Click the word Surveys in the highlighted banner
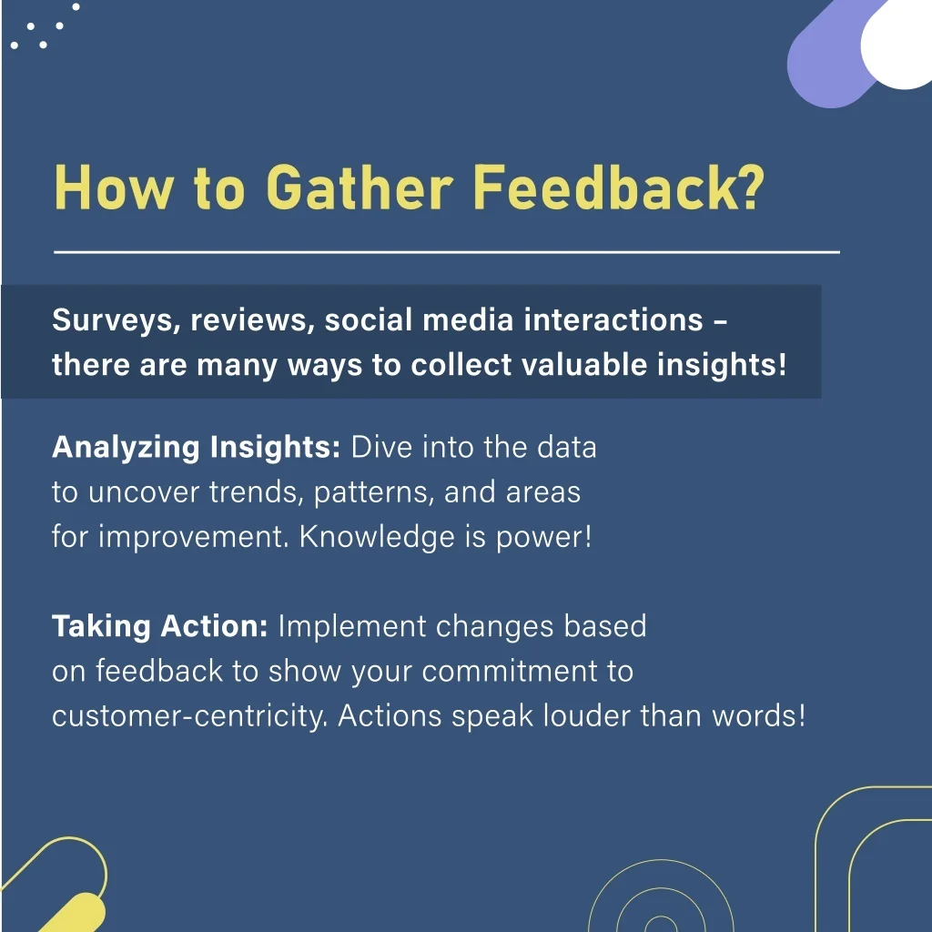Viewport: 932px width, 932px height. (116, 321)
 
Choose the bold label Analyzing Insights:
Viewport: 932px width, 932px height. (197, 448)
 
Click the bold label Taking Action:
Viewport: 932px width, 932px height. (160, 626)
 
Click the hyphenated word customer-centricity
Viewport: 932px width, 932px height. (190, 715)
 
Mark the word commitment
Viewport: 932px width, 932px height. (510, 671)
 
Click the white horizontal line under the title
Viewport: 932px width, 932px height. (447, 252)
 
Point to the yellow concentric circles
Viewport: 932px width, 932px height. (661, 898)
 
